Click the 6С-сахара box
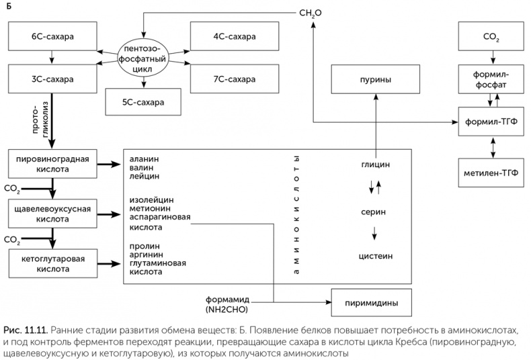(x=52, y=36)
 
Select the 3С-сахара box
(x=52, y=79)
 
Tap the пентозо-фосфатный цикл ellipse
(x=144, y=58)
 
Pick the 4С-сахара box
(x=234, y=36)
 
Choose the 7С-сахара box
(x=234, y=79)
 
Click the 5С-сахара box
(x=144, y=101)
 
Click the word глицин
(x=375, y=164)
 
